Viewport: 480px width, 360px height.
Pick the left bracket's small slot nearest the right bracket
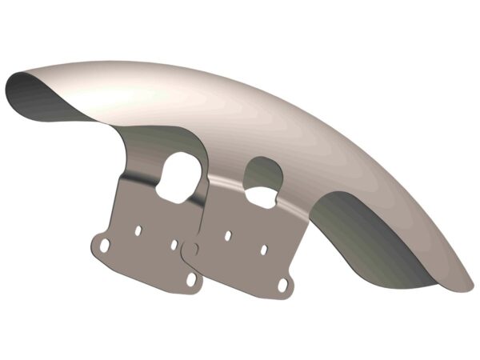tap(174, 243)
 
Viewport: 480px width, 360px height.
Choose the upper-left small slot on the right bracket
tap(229, 236)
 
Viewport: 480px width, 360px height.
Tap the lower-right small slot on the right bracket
tap(263, 250)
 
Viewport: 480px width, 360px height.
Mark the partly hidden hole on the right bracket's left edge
tap(193, 250)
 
